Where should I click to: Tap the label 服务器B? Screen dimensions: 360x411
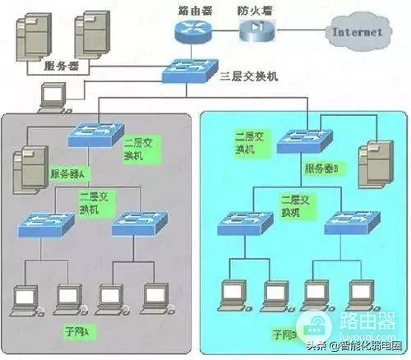(x=323, y=167)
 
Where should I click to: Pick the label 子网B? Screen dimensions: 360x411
(x=287, y=335)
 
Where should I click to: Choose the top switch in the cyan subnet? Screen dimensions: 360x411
(x=304, y=140)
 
